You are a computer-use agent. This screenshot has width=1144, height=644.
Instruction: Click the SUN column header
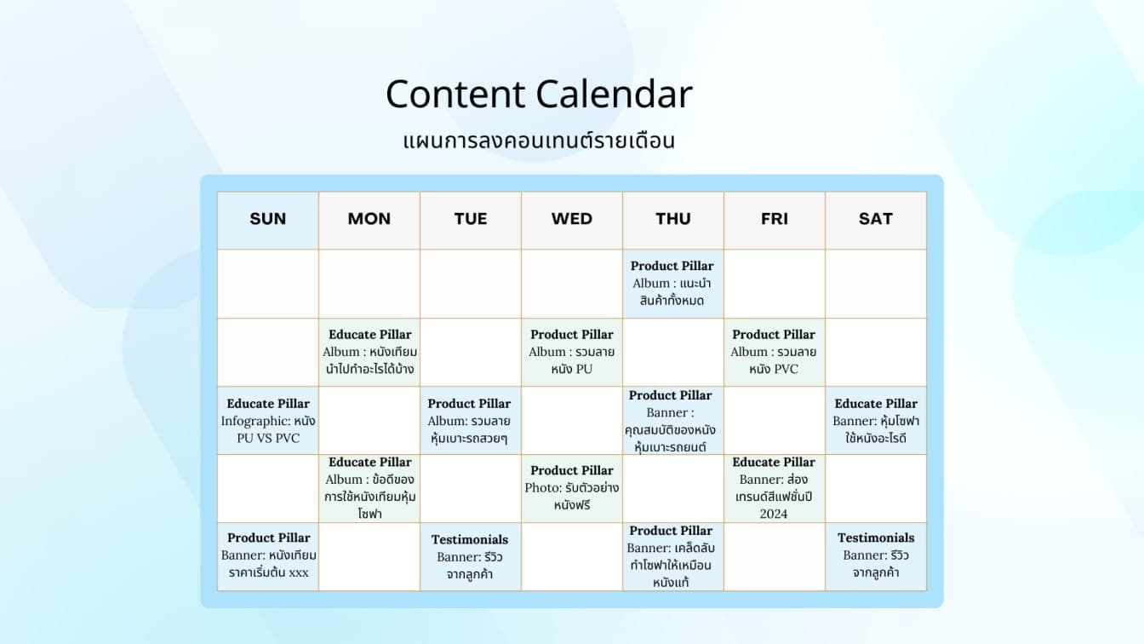267,219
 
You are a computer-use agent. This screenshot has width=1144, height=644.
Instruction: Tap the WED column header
571,219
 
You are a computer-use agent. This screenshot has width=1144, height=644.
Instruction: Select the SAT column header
875,219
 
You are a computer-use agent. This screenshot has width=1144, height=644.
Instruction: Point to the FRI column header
774,219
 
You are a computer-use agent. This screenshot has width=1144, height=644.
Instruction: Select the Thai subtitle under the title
538,141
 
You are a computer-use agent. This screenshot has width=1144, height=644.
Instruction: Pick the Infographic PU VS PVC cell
267,421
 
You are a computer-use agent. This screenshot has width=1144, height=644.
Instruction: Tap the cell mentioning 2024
774,488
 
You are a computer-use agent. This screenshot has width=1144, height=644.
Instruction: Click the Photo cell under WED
571,488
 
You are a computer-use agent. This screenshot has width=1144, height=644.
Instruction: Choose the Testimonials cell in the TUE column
470,557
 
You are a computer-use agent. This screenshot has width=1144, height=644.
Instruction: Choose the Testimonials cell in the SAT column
875,555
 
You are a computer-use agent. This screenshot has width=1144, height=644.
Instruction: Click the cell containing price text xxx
267,555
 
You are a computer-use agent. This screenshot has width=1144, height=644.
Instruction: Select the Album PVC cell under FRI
774,352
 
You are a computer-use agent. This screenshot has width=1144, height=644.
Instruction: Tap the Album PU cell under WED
571,352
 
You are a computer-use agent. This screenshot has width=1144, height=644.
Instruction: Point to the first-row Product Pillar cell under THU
672,284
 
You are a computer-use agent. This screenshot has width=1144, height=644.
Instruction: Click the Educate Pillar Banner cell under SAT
875,421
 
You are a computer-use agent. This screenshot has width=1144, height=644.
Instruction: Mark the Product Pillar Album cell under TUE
470,421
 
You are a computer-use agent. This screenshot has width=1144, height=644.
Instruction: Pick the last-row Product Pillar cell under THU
672,557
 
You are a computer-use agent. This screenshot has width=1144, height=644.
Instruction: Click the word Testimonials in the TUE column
470,539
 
